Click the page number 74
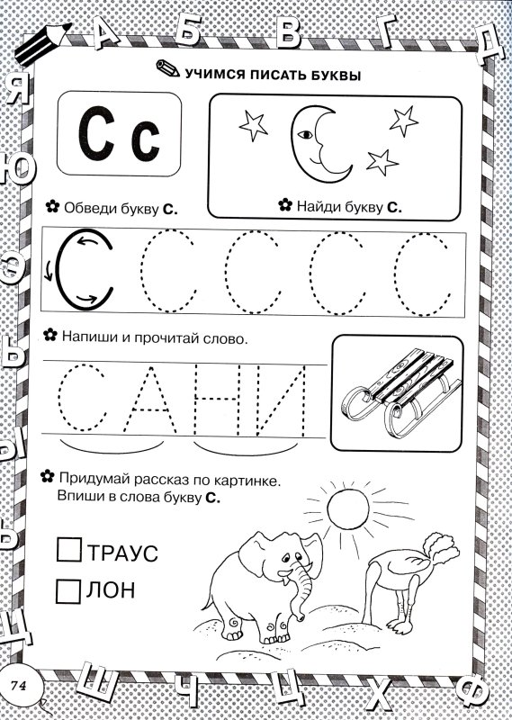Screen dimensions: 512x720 [x=19, y=685]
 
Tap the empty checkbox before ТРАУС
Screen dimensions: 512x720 [x=69, y=550]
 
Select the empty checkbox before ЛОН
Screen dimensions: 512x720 [x=68, y=591]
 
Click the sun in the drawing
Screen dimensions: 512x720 [x=348, y=508]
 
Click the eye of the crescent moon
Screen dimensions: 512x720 [x=305, y=135]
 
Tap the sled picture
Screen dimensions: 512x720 [x=397, y=391]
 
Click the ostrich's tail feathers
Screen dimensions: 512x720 [x=440, y=548]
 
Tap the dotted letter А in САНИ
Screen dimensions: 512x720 [x=149, y=398]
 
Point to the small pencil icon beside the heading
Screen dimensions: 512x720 [x=167, y=68]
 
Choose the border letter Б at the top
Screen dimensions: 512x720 [x=188, y=30]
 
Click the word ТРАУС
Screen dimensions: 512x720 [x=122, y=553]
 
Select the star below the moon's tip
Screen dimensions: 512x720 [x=382, y=163]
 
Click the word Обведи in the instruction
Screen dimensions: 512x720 [x=91, y=208]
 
